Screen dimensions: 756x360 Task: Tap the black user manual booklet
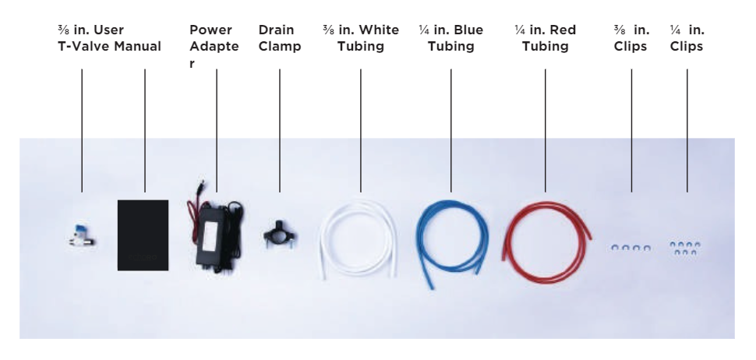(x=143, y=235)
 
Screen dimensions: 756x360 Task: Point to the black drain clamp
(x=280, y=235)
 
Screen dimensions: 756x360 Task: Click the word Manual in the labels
(x=137, y=46)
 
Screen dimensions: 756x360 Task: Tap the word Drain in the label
(x=276, y=30)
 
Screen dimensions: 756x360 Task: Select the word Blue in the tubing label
(x=468, y=30)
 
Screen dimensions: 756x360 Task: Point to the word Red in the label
(x=563, y=30)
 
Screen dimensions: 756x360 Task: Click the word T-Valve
(x=84, y=46)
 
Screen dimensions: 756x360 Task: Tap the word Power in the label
(x=210, y=30)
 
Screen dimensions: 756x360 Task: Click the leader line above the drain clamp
(x=280, y=131)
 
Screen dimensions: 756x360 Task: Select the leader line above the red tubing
(x=546, y=131)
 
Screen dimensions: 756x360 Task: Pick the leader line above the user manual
(x=145, y=131)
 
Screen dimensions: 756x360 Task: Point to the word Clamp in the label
(x=280, y=46)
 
